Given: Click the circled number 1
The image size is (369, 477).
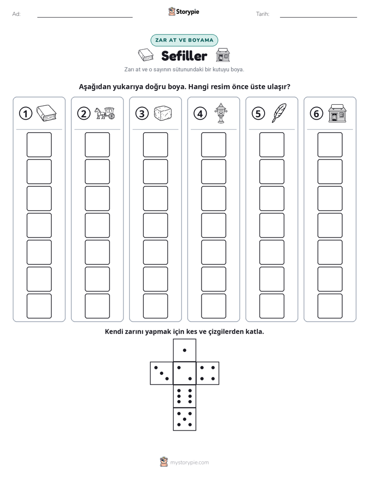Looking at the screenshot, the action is point(25,114).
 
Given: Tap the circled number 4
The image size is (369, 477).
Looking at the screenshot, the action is point(200,114).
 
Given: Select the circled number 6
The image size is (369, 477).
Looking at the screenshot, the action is point(316,114).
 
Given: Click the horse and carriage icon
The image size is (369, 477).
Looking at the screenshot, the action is point(104,113).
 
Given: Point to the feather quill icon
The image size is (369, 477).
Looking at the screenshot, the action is point(279,113).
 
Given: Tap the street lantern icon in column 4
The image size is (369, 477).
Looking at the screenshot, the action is point(221,113).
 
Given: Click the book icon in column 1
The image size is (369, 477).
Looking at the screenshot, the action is point(47,113).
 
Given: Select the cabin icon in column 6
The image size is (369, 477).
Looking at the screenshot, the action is point(337,113).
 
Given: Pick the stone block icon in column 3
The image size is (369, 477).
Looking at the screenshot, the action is point(163,113).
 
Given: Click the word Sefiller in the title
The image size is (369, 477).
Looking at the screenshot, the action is point(184,56).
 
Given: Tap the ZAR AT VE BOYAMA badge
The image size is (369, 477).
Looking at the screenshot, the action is point(184,40).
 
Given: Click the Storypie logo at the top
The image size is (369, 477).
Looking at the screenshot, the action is point(183,11).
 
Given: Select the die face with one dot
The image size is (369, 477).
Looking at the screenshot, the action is point(185,350).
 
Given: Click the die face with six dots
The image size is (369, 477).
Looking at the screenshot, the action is point(185,396).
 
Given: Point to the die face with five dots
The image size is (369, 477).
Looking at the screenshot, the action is point(185,419).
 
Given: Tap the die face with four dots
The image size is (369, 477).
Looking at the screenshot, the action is point(208,373).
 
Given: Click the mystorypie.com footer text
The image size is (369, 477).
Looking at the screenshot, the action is point(189,463).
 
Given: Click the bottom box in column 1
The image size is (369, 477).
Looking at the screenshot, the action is point(39,306).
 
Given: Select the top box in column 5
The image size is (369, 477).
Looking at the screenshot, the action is point(272,145).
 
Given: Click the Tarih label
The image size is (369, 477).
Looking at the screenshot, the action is point(263,14).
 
